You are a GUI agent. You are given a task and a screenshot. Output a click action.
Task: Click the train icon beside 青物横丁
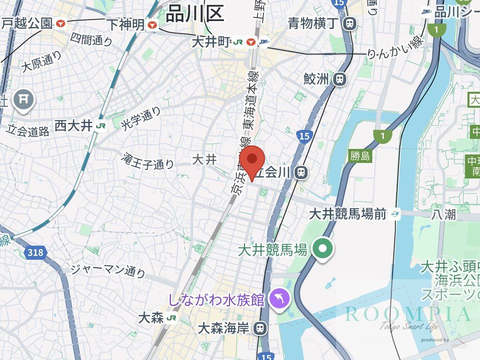350,23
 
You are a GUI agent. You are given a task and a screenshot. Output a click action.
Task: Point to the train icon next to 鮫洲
340,79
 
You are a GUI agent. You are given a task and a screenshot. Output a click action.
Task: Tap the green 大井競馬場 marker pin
323,248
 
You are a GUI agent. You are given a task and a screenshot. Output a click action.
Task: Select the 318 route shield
36,253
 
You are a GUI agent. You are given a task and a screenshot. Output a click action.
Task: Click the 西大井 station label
74,125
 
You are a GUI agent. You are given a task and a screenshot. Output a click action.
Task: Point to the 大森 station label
150,318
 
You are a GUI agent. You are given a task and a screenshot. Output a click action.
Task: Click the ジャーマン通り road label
108,270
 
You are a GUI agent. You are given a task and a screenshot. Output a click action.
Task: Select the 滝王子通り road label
148,161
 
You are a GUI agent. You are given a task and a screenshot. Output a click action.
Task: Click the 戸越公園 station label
27,23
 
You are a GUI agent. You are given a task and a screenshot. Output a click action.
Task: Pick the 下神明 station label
125,24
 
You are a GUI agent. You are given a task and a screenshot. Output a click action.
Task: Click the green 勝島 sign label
360,156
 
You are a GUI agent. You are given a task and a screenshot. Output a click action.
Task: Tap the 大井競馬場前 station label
348,214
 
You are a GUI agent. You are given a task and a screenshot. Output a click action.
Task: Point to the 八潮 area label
443,215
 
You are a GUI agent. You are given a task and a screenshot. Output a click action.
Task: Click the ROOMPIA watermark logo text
408,314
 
